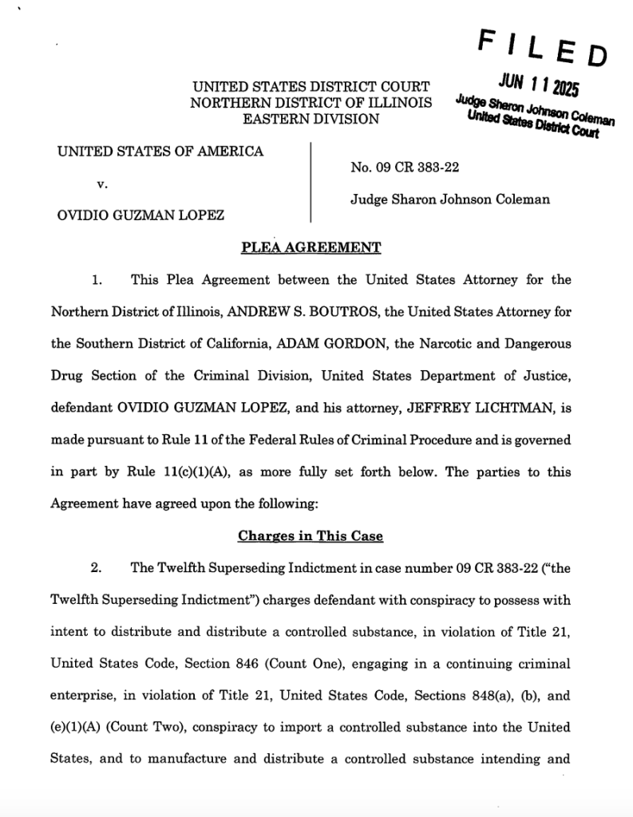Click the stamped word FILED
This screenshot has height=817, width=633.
point(543,49)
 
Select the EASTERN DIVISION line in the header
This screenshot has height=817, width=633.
point(311,119)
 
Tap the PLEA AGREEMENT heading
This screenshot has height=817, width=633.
point(311,247)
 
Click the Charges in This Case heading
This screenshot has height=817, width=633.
point(311,536)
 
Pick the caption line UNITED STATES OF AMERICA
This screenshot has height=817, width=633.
point(160,151)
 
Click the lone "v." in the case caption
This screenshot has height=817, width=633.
point(101,183)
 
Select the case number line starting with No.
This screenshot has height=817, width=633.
point(404,168)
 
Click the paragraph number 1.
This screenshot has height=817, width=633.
point(96,280)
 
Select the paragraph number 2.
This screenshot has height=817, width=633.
point(96,568)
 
